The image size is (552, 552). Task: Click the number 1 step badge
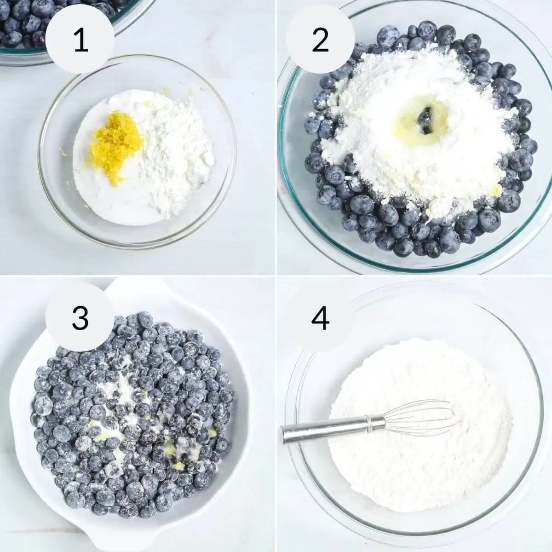[x=80, y=40]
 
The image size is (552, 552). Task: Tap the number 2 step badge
[x=320, y=40]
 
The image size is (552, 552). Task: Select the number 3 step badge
[x=80, y=317]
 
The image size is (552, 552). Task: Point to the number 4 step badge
[x=320, y=317]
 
